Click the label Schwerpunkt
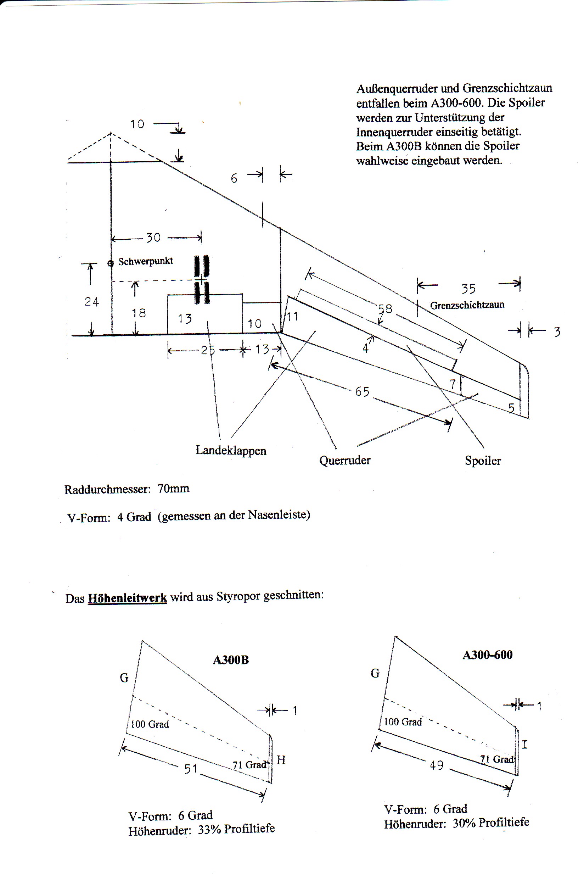[x=145, y=261]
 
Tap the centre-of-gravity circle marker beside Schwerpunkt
[x=111, y=263]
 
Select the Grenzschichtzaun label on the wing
[x=467, y=305]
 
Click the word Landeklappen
[x=231, y=450]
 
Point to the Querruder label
[x=345, y=460]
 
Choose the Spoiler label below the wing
[x=483, y=461]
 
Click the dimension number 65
[x=362, y=392]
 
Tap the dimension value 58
[x=385, y=309]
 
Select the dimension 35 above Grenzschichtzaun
[x=468, y=289]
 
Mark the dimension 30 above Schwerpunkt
[x=153, y=238]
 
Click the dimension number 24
[x=91, y=302]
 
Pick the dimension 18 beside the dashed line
[x=139, y=313]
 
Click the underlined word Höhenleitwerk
[x=127, y=597]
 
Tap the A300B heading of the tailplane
[x=231, y=660]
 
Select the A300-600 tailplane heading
[x=487, y=655]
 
